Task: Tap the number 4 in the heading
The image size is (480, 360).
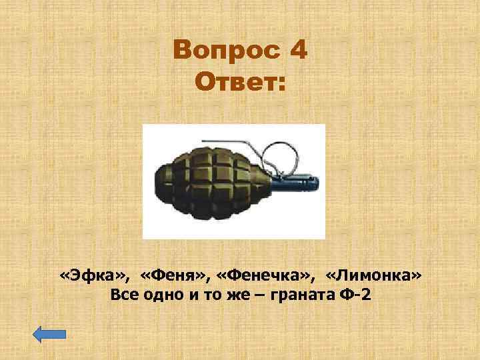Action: (299, 51)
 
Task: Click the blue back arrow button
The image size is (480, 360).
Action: (50, 334)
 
